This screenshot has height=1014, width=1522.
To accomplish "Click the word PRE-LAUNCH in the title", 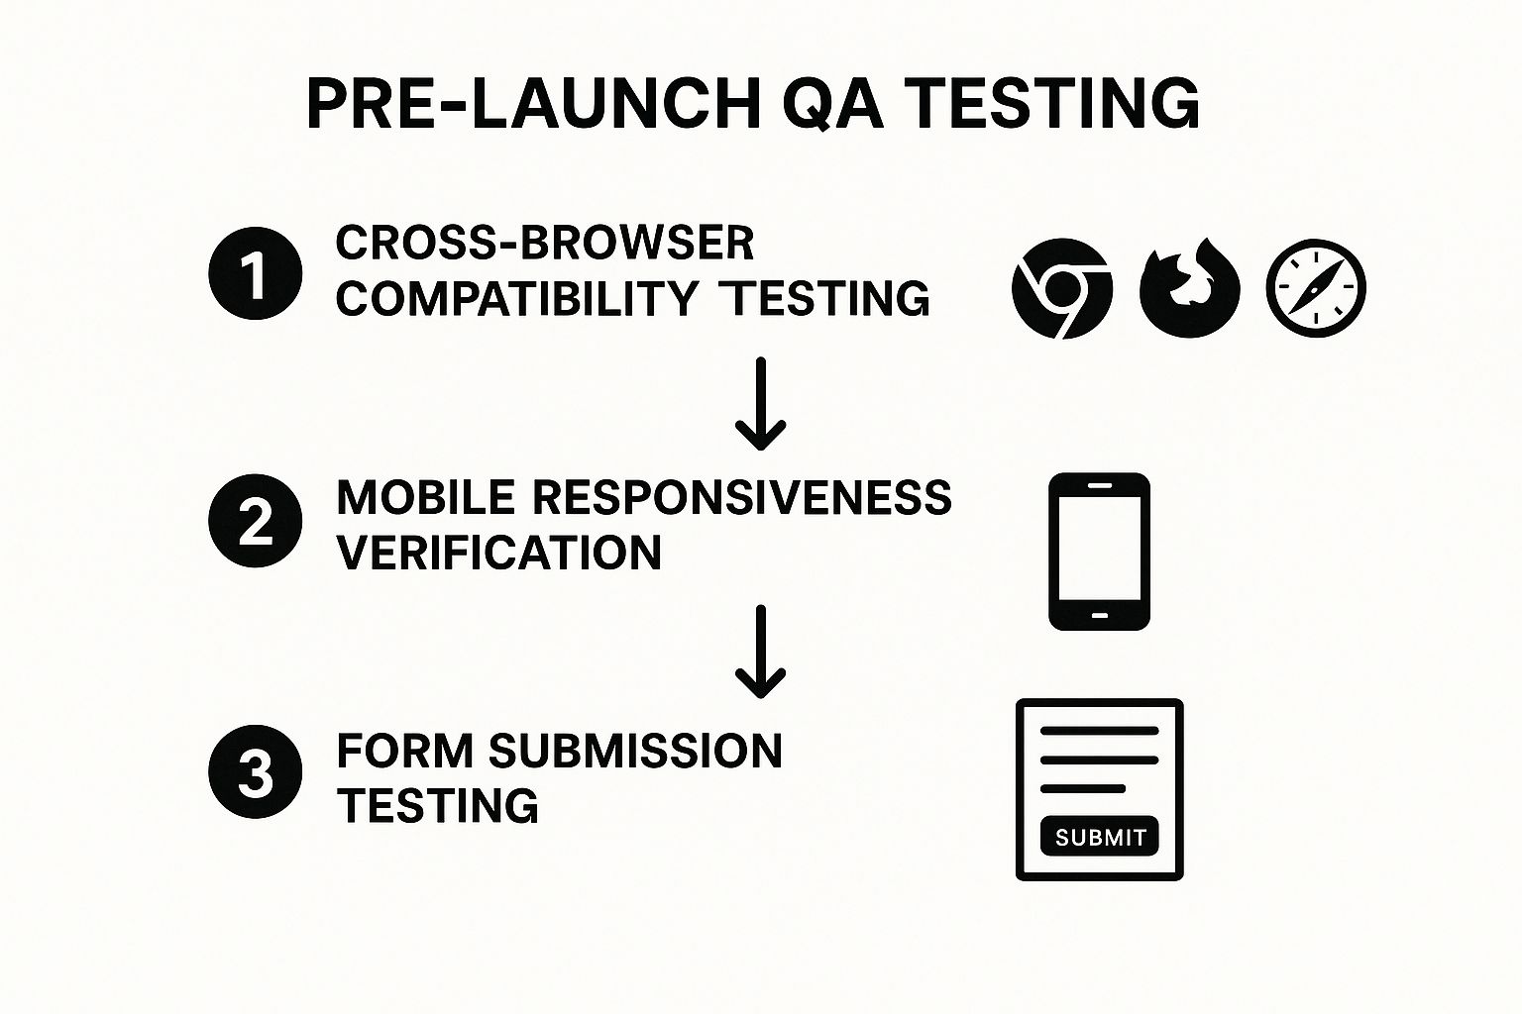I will tap(533, 103).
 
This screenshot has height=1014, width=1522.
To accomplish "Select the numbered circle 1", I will tap(256, 274).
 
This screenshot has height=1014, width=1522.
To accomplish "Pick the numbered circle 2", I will tap(256, 522).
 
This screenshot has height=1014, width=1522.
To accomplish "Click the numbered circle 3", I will tap(256, 773).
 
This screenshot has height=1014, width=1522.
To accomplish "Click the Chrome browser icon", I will tap(1061, 288).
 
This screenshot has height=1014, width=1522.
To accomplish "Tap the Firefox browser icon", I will tap(1189, 288).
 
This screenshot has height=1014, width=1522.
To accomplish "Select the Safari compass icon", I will tap(1316, 288).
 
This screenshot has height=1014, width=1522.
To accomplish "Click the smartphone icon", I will tap(1099, 552).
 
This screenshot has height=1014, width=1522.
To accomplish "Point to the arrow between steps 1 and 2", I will tap(760, 404).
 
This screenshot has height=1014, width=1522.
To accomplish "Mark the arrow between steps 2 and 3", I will tap(760, 652).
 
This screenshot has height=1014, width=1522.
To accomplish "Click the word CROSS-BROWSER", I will tap(545, 244).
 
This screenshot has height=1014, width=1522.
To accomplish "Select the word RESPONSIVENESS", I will tap(742, 497).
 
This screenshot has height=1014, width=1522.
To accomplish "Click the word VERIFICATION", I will tap(498, 553).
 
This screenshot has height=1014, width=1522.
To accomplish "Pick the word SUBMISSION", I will tap(635, 751).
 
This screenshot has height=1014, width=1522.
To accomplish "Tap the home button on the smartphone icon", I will tap(1099, 616).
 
